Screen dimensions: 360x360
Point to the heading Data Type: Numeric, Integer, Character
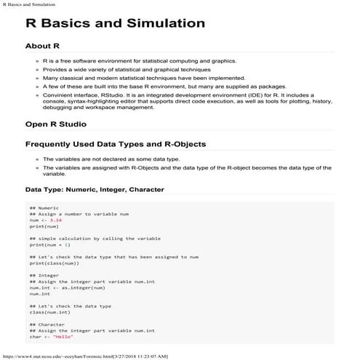click(95, 190)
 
